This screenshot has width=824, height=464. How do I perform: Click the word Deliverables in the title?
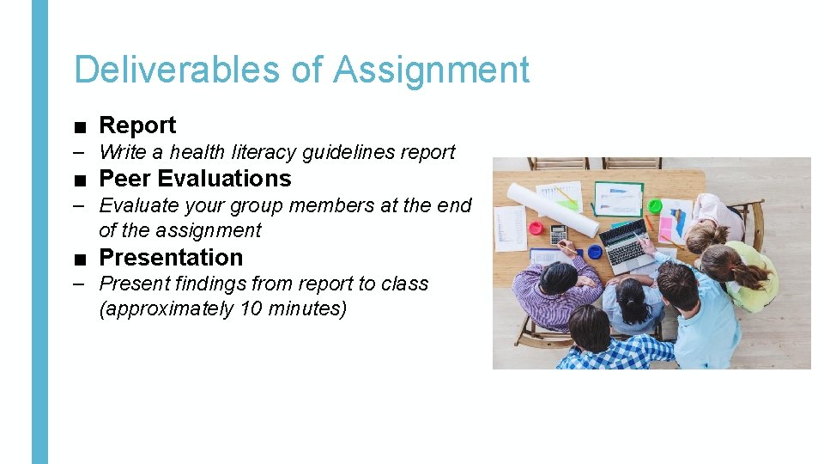tap(177, 70)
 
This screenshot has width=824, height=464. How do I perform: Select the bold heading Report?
tap(137, 125)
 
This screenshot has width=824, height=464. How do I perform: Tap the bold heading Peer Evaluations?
tap(195, 179)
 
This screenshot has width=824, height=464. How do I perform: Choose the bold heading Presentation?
tap(171, 258)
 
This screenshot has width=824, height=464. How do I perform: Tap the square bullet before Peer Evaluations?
tap(80, 180)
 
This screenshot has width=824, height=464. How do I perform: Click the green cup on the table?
tap(655, 206)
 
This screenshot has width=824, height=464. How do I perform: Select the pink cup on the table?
tap(536, 229)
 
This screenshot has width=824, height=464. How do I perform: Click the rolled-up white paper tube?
tap(575, 206)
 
